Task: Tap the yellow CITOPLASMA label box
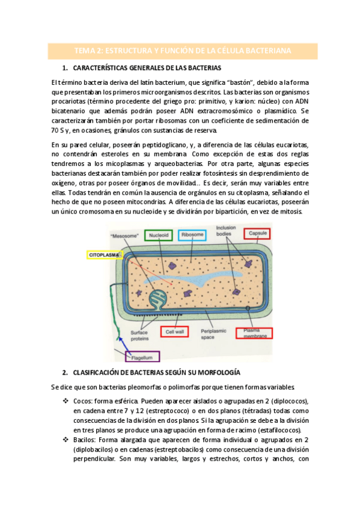[x=104, y=254]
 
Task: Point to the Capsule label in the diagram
[x=257, y=235]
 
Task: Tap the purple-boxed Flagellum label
[x=142, y=357]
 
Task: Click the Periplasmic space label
[x=212, y=334]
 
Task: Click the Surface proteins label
[x=132, y=334]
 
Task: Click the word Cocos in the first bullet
[x=82, y=401]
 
